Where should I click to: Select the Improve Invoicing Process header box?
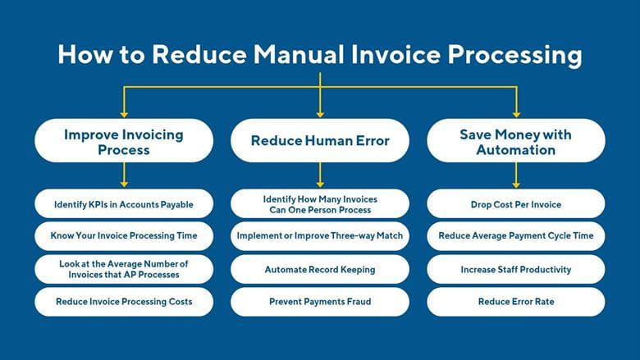click(124, 140)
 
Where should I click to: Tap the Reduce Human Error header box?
click(320, 140)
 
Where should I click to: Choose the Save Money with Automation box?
click(516, 140)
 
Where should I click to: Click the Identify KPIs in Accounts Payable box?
click(124, 203)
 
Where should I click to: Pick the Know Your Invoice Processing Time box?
click(124, 235)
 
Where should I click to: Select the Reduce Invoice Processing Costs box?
click(124, 302)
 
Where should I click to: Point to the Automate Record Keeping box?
click(320, 269)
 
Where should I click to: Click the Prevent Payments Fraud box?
click(320, 302)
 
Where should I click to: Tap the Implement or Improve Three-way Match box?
click(320, 235)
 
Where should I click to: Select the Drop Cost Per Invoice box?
click(516, 203)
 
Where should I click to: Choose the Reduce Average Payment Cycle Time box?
click(516, 235)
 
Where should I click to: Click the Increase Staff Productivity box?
click(516, 269)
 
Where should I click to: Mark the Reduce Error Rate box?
click(516, 302)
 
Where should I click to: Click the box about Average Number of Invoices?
click(124, 269)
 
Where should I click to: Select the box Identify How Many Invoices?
click(320, 203)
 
